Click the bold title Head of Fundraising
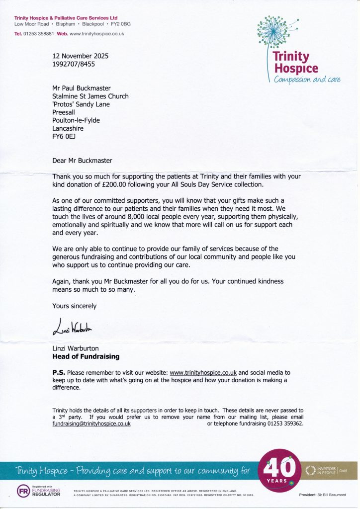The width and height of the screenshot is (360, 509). click(86, 356)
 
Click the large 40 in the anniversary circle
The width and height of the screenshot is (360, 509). click(280, 467)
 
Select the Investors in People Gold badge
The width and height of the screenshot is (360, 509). click(329, 470)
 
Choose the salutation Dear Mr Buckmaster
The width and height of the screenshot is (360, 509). click(83, 160)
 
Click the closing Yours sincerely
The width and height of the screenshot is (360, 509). click(75, 306)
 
